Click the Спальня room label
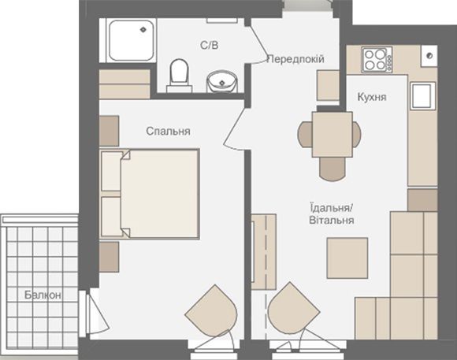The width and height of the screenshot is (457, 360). point(168,132)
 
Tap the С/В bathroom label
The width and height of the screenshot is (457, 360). point(210,45)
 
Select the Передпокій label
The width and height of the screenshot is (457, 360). point(295,59)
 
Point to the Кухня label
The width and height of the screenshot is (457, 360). point(372,97)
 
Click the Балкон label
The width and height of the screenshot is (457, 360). point(43,295)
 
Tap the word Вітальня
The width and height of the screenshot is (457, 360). point(332,220)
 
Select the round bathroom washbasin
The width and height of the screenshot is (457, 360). point(222,81)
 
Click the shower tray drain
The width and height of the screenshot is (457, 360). point(143,29)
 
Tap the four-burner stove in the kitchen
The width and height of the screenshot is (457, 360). point(377,59)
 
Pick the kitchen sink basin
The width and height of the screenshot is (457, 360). point(422,95)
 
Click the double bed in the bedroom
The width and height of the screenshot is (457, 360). point(150,194)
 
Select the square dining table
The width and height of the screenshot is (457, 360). point(333,135)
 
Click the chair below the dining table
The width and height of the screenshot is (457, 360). point(333,169)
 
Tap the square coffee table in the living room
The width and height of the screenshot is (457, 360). point(347,258)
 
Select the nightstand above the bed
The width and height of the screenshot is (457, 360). point(109,131)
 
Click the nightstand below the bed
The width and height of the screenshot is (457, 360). point(109,257)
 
